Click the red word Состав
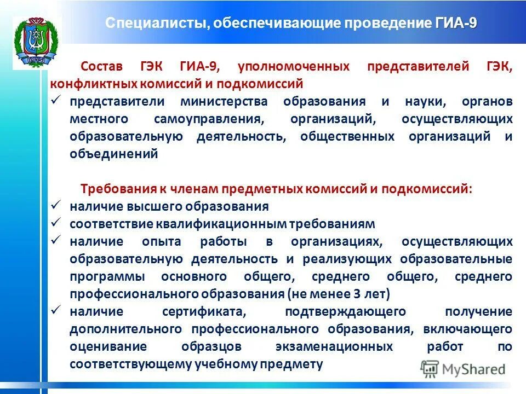click(102, 67)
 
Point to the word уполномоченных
click(293, 67)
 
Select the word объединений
click(114, 154)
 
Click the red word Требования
click(113, 189)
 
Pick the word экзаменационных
click(334, 346)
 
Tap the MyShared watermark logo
click(464, 369)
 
